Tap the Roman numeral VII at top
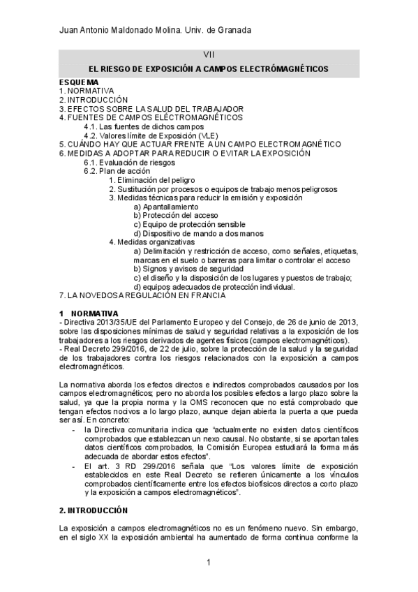pos(209,55)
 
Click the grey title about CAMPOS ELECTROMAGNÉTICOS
pos(209,69)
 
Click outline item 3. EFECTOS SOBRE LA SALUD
pos(151,109)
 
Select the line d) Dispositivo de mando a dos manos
pos(198,234)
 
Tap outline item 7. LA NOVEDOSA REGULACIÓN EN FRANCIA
pos(142,295)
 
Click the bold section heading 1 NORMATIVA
pos(89,312)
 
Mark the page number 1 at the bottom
pos(209,562)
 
